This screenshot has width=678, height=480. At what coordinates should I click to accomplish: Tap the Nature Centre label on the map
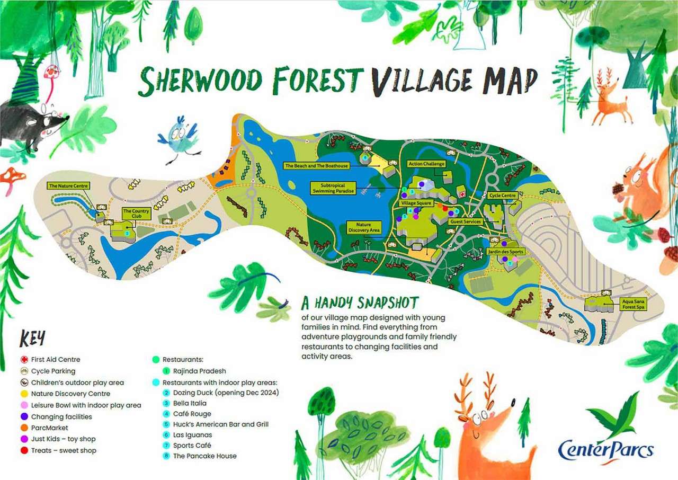tap(68, 186)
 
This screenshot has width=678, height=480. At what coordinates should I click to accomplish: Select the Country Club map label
tap(136, 213)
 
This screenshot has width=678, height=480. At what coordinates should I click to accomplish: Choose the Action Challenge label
tap(426, 164)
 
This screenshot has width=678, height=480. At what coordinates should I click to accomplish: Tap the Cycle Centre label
tap(502, 195)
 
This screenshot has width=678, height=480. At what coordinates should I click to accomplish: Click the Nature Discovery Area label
tap(363, 228)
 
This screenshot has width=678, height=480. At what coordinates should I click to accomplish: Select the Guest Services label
tap(465, 221)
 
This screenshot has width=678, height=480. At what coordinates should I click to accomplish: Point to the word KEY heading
tap(32, 338)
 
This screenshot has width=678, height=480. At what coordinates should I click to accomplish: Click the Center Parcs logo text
tap(605, 449)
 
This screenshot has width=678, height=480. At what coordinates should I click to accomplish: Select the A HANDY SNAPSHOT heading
tap(360, 303)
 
